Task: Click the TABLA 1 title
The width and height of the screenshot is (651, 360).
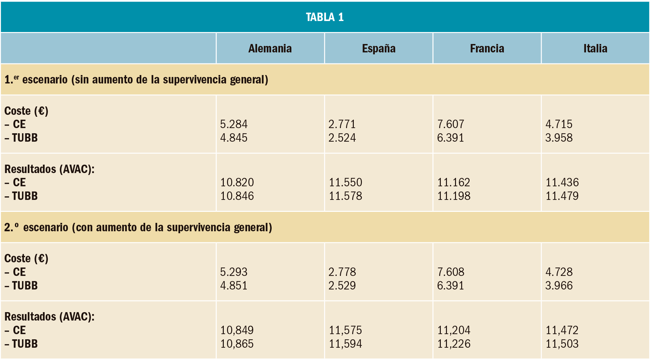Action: (325, 17)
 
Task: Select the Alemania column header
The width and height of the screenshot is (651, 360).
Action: (270, 49)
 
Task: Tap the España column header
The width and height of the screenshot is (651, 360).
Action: (379, 49)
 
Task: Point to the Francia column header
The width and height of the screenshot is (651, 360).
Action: (487, 49)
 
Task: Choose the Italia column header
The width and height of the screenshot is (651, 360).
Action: (595, 49)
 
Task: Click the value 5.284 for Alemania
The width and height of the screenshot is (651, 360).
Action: (234, 124)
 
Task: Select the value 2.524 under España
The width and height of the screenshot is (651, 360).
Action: (342, 138)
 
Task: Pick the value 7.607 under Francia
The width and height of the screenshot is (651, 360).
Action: (450, 124)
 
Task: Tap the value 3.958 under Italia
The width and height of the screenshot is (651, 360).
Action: (559, 138)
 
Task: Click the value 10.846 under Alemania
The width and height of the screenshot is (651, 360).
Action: (237, 196)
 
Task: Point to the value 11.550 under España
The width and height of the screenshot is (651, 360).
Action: (345, 182)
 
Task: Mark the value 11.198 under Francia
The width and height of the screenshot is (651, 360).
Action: (454, 196)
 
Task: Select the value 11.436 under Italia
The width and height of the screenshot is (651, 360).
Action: (562, 182)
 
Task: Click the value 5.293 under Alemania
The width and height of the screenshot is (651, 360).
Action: (234, 272)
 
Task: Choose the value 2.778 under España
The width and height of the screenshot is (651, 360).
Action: (342, 272)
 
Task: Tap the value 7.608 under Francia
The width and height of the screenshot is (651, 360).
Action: (450, 272)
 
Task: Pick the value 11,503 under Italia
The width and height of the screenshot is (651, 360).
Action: (562, 344)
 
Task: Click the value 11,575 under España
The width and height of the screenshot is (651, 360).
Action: (345, 330)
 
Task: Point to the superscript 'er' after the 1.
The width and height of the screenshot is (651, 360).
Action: (16, 77)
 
